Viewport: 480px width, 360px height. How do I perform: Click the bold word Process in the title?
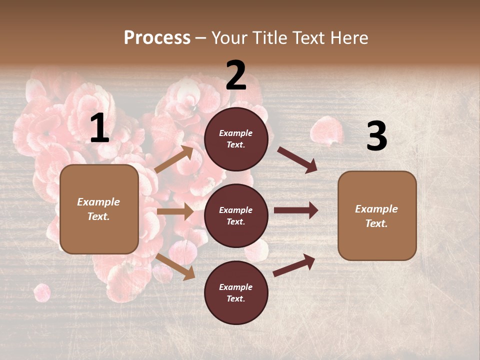pos(157,37)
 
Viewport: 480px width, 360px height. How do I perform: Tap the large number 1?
pos(99,128)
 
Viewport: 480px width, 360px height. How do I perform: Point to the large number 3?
pos(376,136)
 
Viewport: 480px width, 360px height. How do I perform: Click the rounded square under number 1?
pos(99,209)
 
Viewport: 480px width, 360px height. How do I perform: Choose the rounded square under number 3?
pos(377,215)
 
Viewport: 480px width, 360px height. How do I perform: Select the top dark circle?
pos(236,139)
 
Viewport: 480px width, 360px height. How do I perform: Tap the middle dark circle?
pos(236,215)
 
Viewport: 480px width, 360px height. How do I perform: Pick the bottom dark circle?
pos(236,292)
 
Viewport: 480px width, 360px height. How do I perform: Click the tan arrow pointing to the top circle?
pos(174,159)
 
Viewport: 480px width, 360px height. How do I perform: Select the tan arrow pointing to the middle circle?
pos(175,211)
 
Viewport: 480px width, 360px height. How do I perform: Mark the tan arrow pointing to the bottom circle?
pos(175,266)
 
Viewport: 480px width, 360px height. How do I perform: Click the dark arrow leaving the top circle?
pos(297,159)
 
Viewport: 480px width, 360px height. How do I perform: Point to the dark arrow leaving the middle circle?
pos(296,210)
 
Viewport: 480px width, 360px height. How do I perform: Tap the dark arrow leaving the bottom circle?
pos(294,265)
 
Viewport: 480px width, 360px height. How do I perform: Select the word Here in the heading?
pos(349,37)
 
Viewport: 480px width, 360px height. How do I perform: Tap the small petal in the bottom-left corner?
pos(42,292)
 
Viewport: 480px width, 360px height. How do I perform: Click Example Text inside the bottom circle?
pos(236,292)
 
